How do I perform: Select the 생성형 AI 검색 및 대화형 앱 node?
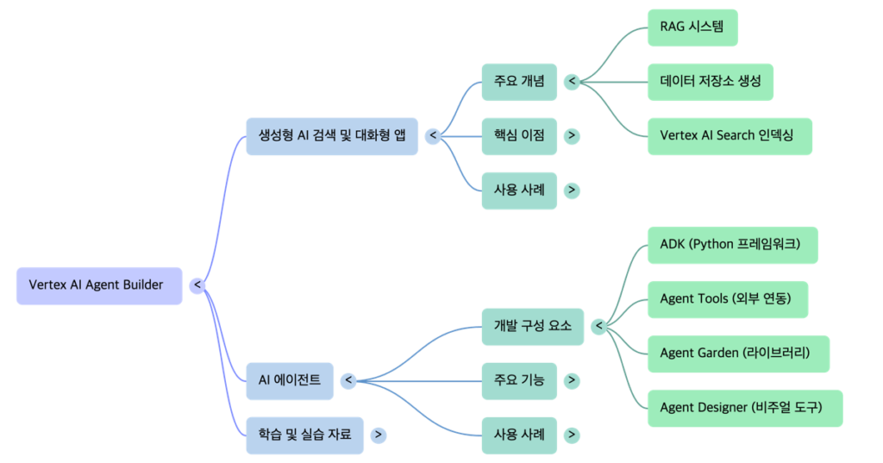coord(331,135)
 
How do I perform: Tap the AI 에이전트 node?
coord(289,380)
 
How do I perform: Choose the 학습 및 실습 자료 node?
coord(304,435)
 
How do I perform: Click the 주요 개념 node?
coord(519,82)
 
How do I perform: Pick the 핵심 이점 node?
coord(519,136)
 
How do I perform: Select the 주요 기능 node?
coord(519,380)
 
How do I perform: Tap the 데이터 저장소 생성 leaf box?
coord(711,82)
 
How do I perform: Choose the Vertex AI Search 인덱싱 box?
coord(730,136)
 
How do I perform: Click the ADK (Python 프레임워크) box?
coord(732,245)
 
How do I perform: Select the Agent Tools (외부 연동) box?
coord(728,299)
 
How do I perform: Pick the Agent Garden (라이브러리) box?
coord(738,354)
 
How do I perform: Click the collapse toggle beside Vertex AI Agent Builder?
coord(197,285)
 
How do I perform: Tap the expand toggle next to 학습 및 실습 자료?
coord(379,435)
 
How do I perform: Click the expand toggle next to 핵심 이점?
coord(572,136)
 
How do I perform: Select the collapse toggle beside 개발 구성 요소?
coord(598,326)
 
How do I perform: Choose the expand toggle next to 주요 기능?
coord(572,380)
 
